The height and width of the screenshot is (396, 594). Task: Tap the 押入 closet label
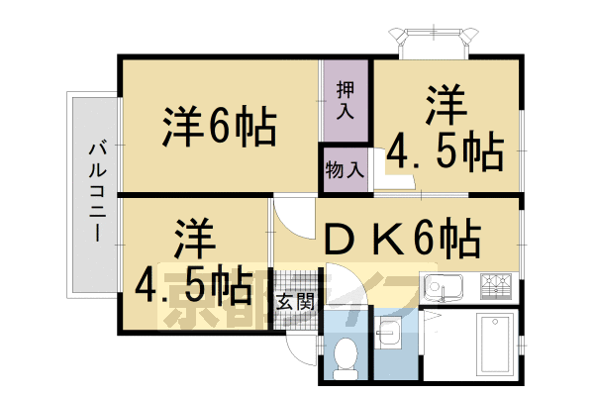345,95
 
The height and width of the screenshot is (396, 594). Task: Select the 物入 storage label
345,169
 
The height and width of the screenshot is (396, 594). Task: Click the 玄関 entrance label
295,299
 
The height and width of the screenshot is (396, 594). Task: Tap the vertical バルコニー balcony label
96,191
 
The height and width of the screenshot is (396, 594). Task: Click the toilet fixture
346,355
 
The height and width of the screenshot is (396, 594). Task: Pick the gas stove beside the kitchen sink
495,286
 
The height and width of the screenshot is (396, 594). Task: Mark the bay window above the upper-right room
436,41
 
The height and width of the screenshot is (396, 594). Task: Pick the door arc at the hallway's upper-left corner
291,213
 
